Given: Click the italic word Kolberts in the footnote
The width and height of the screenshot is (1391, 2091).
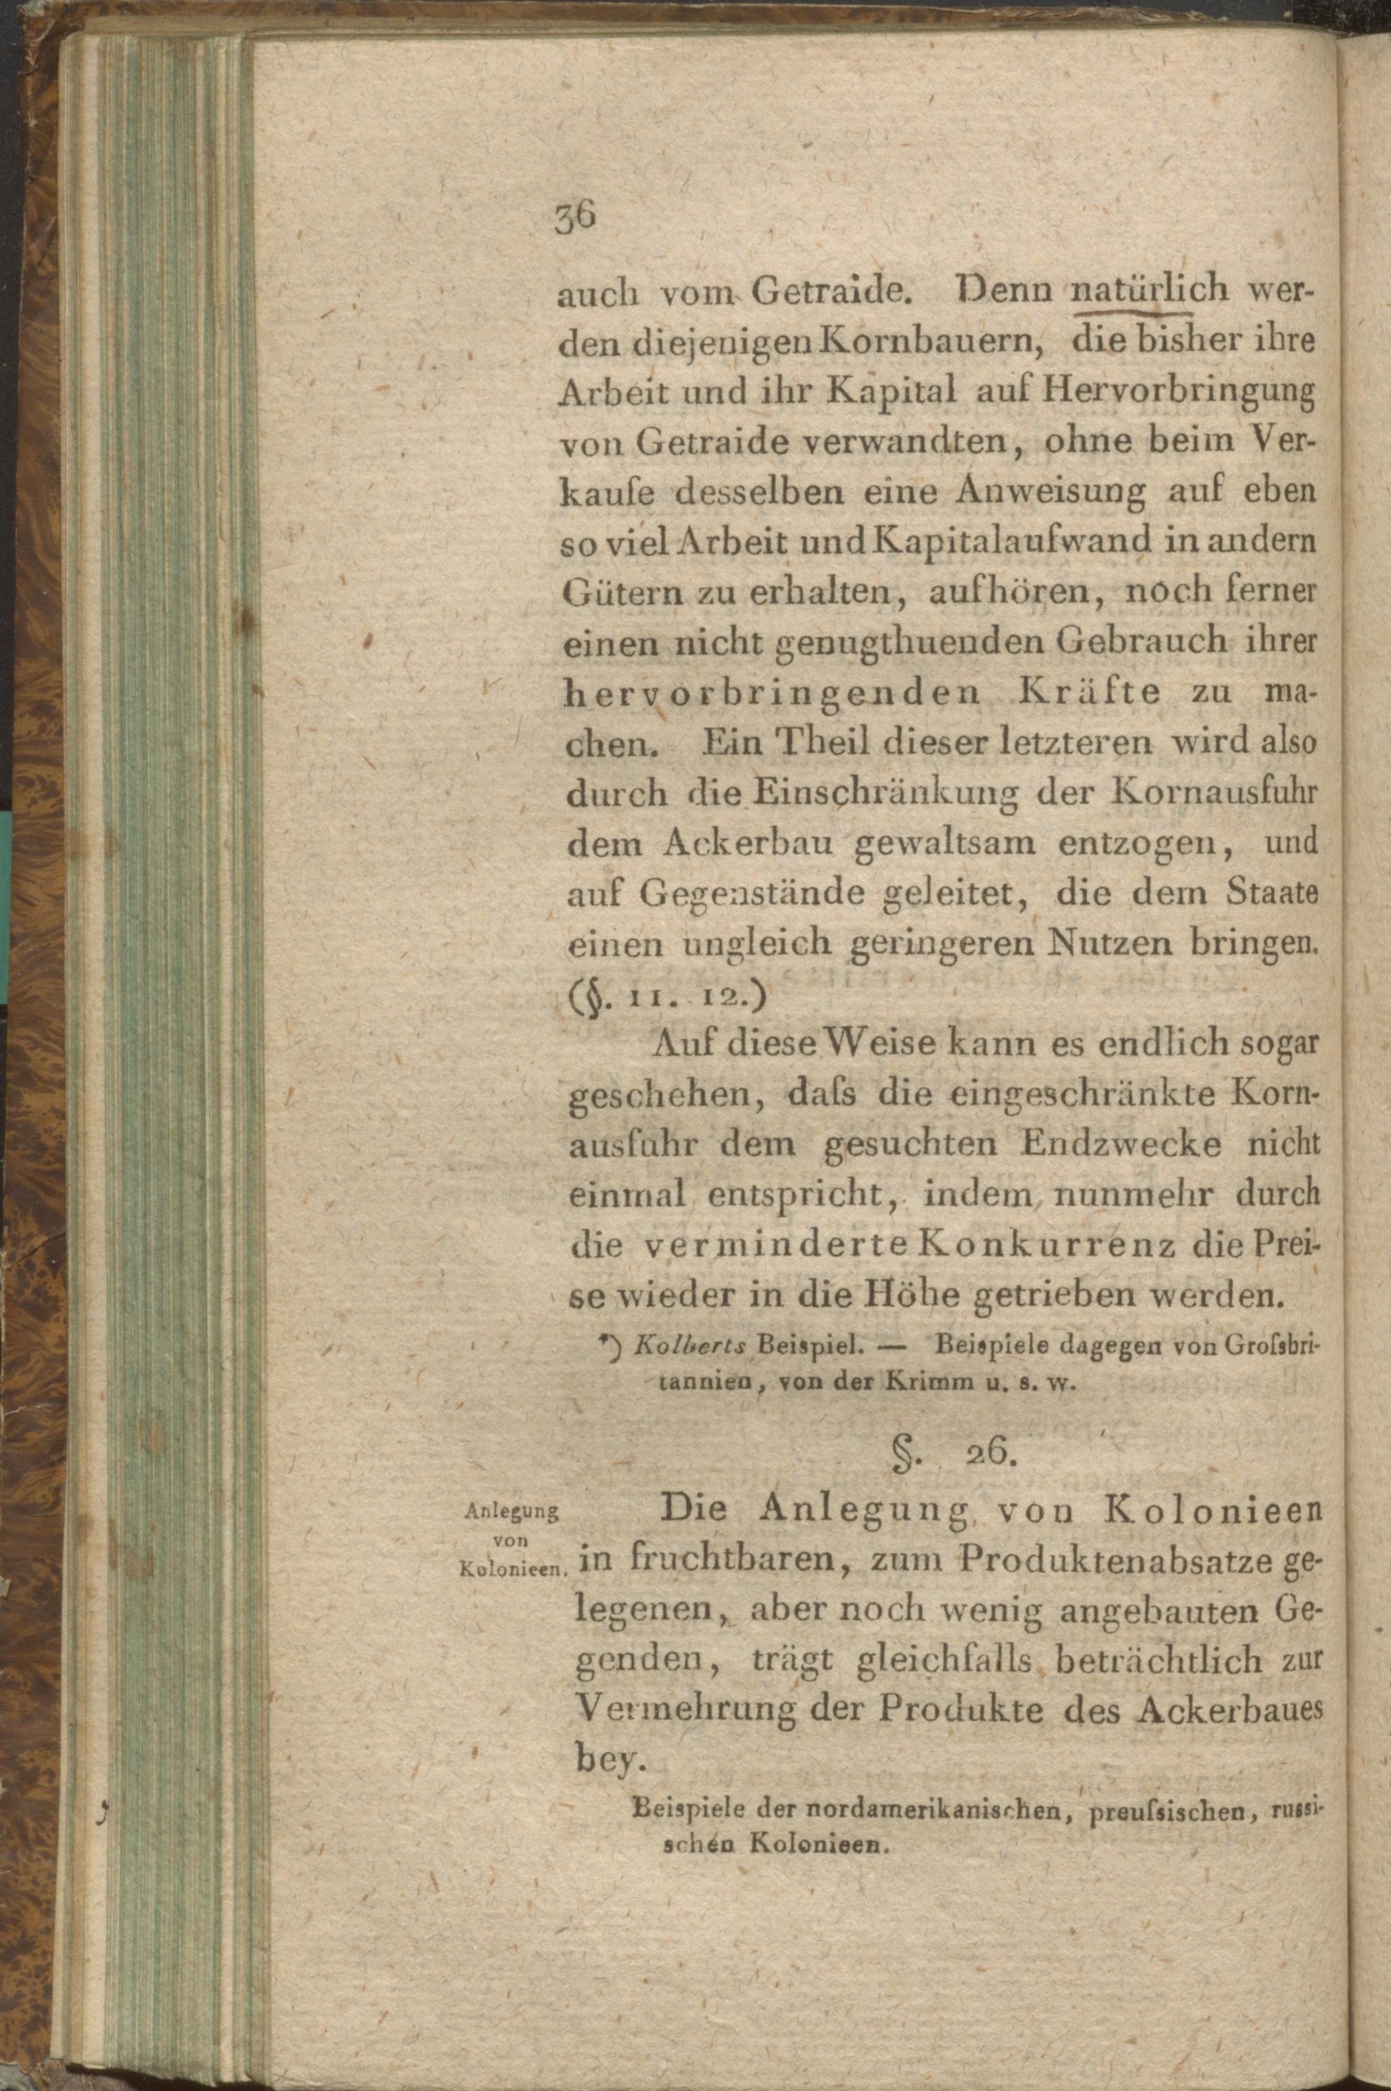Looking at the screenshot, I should (x=692, y=1351).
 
